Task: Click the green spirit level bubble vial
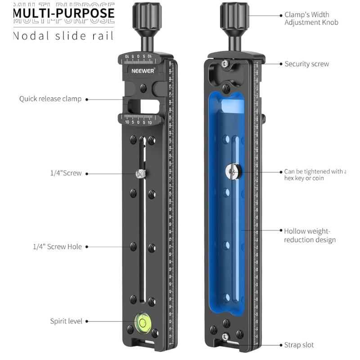[143, 322]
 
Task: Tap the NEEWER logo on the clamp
[143, 71]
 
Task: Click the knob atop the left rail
[143, 16]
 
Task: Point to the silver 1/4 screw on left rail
[141, 173]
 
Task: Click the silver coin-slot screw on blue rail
[233, 171]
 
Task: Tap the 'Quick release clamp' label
[50, 99]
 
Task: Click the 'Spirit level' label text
[66, 321]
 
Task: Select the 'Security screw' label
[306, 64]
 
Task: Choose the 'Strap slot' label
[299, 345]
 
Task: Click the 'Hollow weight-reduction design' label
[310, 235]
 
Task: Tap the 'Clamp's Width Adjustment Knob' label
[311, 18]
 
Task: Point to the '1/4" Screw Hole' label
[58, 247]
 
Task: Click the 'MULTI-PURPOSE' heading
[63, 13]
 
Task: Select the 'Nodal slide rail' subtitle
[63, 36]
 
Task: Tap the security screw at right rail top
[225, 65]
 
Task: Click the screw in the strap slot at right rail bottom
[225, 337]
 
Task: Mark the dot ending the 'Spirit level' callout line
[86, 321]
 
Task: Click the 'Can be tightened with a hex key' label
[314, 175]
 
